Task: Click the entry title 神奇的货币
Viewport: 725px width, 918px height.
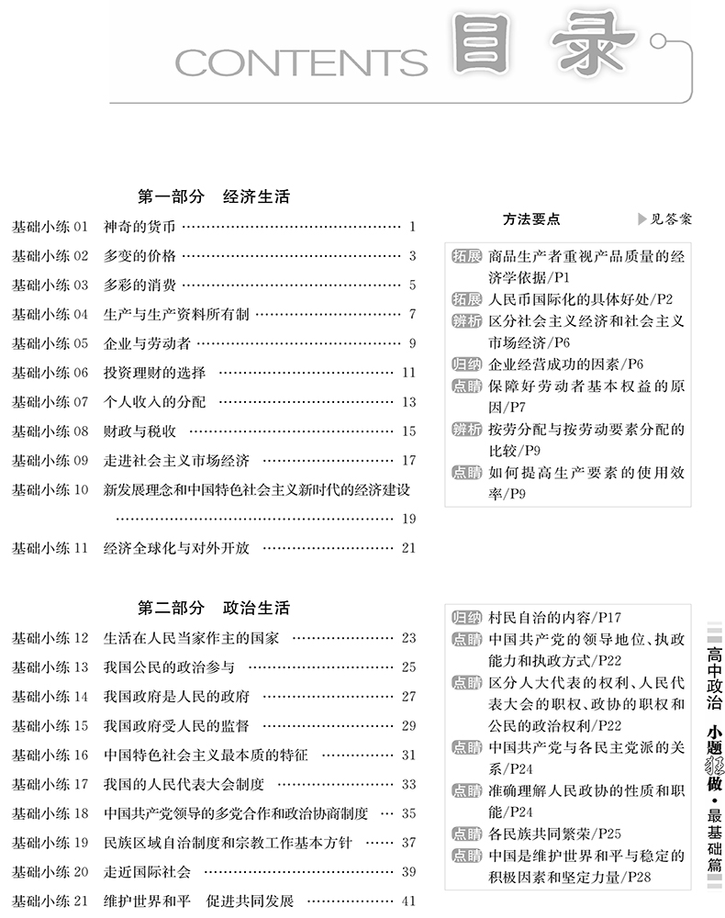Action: point(139,227)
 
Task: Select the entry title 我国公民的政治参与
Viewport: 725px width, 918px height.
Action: point(169,666)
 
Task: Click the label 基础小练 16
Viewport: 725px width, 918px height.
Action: point(50,755)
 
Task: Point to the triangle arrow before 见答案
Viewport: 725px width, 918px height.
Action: point(641,219)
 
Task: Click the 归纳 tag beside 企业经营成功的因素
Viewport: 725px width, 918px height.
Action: point(466,364)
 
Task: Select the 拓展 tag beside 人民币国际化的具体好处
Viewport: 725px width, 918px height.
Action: point(466,298)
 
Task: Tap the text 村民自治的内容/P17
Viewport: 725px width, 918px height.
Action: point(554,618)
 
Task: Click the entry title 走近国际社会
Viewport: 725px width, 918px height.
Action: point(147,871)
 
